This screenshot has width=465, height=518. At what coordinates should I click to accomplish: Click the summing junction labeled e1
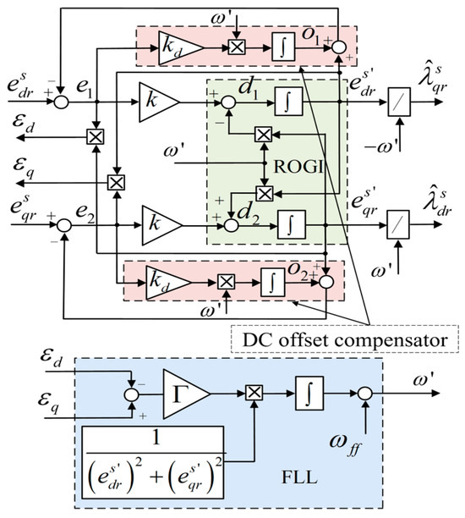[x=62, y=102]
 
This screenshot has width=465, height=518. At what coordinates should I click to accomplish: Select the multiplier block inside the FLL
[x=251, y=393]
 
